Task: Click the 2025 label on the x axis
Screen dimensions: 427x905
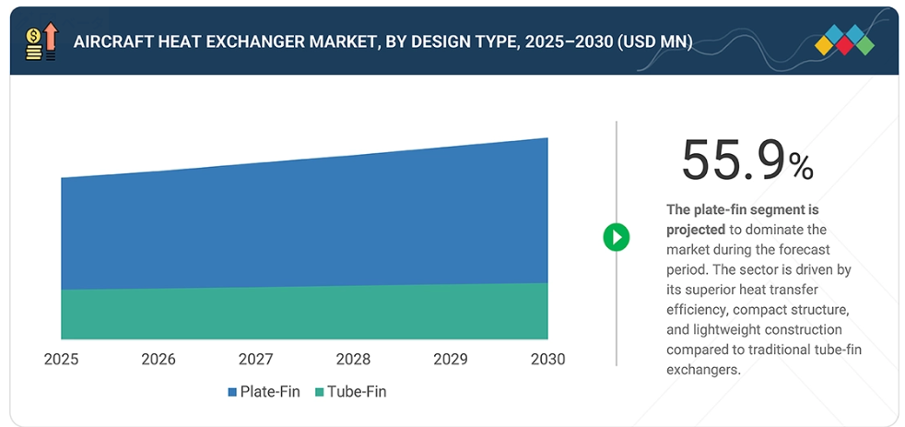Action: tap(61, 359)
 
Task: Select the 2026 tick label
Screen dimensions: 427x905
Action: tap(159, 359)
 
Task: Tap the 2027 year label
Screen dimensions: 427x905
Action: tap(255, 359)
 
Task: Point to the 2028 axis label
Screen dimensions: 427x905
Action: tap(353, 359)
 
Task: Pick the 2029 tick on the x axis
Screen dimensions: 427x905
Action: tap(451, 359)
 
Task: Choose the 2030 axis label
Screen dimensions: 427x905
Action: tap(547, 359)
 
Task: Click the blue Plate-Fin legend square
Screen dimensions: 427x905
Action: tap(232, 392)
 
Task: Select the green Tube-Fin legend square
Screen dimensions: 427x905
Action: tap(319, 392)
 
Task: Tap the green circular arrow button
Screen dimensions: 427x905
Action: tap(616, 237)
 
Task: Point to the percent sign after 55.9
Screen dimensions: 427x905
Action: tap(801, 167)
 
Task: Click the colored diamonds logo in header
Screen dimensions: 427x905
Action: tap(844, 41)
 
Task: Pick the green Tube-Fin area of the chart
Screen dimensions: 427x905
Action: tap(304, 314)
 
